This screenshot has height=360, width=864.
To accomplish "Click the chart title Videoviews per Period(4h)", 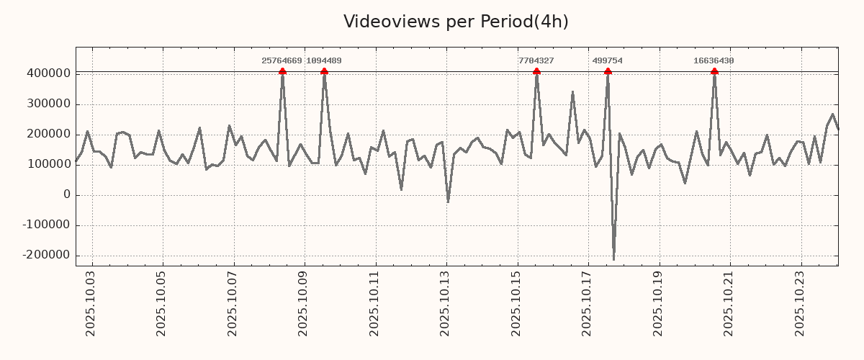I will coord(456,22).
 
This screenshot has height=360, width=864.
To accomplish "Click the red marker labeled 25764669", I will coord(282,71).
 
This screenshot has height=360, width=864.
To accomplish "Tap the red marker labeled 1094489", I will coord(324,71).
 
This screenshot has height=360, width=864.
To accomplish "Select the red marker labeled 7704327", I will coord(536,71).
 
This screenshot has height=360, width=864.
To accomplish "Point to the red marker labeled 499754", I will coord(608,71).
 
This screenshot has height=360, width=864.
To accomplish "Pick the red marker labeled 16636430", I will coord(714,71).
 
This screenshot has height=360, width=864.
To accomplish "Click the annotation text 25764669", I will coord(282,61).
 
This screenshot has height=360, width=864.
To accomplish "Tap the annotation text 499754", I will coord(608,61).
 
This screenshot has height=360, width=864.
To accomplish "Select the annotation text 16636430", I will coord(714,61).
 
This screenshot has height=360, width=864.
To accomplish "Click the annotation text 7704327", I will coord(536,61).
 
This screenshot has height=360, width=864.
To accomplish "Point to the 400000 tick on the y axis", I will coord(48,73).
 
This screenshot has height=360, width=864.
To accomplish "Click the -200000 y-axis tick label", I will coord(46,255).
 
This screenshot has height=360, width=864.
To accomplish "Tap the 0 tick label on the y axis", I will coord(67,194).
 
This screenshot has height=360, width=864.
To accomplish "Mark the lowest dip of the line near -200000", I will coord(613,259).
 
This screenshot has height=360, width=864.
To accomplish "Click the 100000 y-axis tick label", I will coord(48,164).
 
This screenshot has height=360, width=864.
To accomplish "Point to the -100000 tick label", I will coord(46,225).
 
